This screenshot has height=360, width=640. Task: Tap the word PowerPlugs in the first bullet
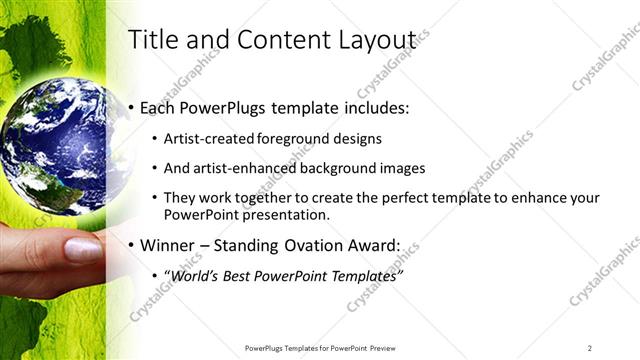pos(222,107)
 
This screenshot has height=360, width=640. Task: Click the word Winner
pos(170,244)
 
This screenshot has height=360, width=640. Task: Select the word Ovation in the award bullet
pos(323,244)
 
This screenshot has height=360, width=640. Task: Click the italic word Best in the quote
pos(244,274)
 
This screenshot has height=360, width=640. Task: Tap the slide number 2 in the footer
pos(590,347)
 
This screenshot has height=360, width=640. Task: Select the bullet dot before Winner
pos(132,245)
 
